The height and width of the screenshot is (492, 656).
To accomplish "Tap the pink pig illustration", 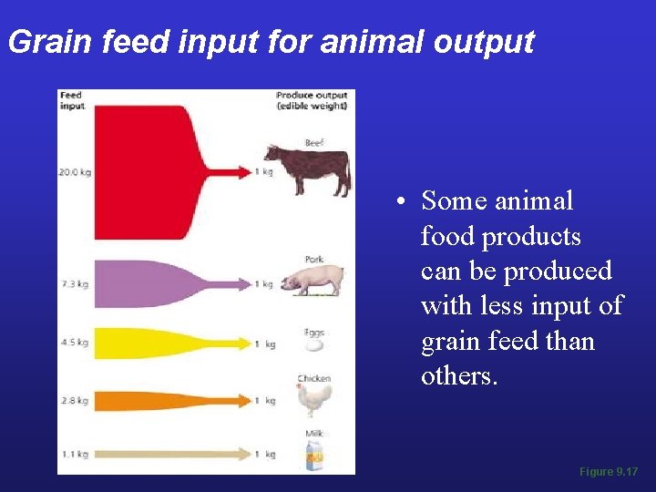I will (312, 281).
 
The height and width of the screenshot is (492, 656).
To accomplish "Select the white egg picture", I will (313, 345).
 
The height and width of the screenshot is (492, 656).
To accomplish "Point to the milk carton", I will (313, 455).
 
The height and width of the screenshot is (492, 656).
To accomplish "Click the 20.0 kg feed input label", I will (74, 171).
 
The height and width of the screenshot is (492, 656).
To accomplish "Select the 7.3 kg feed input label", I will (74, 284).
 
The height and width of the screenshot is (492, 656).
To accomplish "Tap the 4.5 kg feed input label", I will (74, 343).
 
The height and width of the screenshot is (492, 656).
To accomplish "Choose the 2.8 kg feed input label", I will (74, 400).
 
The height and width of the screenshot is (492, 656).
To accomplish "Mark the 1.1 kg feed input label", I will (74, 454).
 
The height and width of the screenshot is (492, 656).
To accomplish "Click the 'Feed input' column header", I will (71, 100).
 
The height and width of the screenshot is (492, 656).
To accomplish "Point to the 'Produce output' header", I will (312, 100).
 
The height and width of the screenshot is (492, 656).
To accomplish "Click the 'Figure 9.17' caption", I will (609, 472).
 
